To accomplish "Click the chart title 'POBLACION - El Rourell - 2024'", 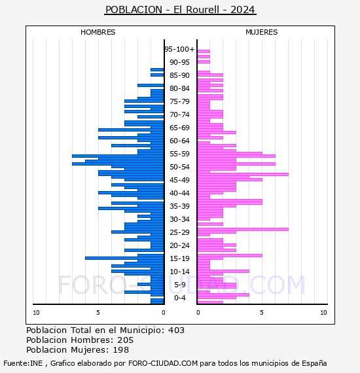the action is [x=180, y=10].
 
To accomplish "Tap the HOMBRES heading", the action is [x=98, y=32].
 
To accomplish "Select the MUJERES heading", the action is [x=262, y=32].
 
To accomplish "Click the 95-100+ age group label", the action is [x=179, y=49].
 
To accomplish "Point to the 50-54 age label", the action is [x=179, y=167].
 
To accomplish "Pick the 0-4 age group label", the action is [x=180, y=298].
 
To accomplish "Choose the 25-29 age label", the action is [x=179, y=232].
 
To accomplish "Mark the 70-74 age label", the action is [x=179, y=115].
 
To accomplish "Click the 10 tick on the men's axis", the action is [x=36, y=313].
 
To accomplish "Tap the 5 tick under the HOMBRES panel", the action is [x=98, y=313].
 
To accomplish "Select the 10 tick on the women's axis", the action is [x=323, y=313].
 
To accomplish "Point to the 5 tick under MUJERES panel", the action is [x=262, y=313].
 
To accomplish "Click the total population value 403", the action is [x=176, y=330].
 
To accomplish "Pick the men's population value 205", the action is [x=126, y=340].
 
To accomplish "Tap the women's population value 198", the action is [x=120, y=350].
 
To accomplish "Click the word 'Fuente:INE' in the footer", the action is [x=23, y=363].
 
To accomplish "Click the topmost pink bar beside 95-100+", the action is [x=204, y=52].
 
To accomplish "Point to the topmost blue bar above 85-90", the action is [x=157, y=70].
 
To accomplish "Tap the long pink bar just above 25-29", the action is [x=243, y=229].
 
